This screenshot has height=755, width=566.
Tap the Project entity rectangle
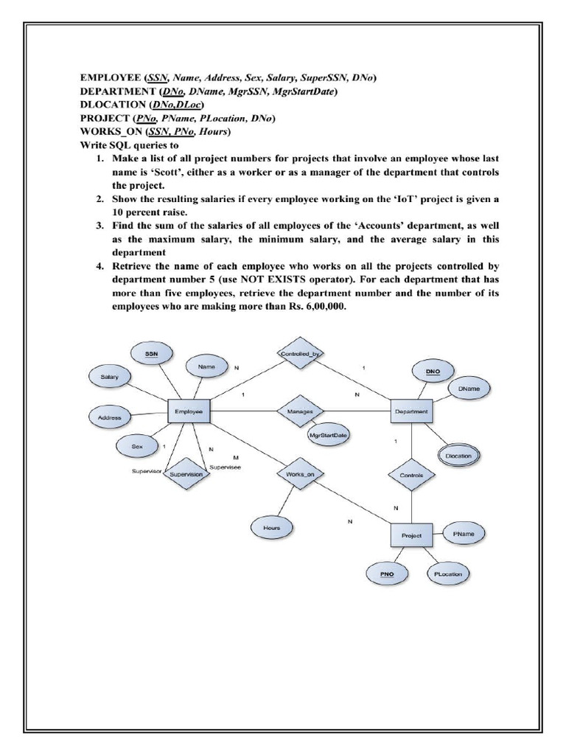(x=410, y=535)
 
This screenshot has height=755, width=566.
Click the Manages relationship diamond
(x=299, y=411)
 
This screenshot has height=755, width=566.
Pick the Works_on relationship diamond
(x=299, y=474)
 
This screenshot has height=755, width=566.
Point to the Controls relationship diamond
(x=410, y=476)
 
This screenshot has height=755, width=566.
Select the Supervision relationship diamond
(x=186, y=475)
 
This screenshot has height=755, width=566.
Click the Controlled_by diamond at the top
(x=299, y=354)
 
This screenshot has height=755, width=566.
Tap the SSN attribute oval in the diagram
(x=151, y=355)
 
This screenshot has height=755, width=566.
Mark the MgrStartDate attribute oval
(x=329, y=435)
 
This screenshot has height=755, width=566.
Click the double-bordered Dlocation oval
(x=458, y=456)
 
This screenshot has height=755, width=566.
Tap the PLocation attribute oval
(x=447, y=573)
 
